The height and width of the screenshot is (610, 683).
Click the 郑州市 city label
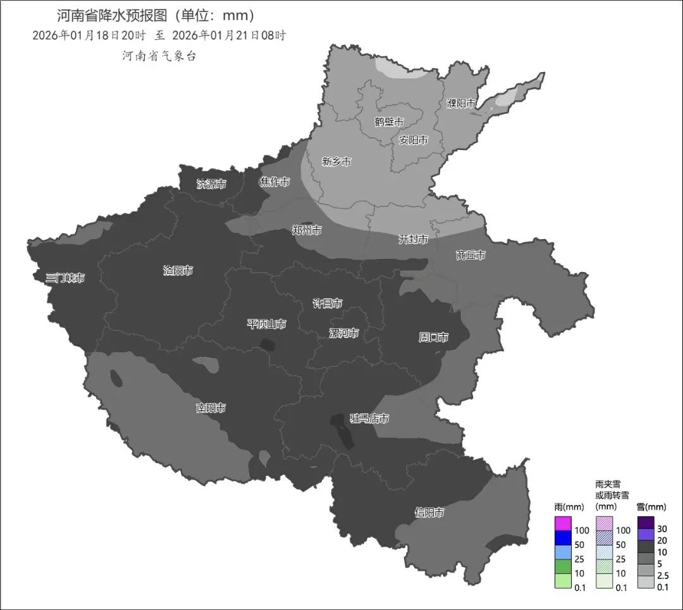point(307,230)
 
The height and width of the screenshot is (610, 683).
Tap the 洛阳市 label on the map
point(178,271)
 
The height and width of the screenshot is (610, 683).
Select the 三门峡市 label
point(65,278)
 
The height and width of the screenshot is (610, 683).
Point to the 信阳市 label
point(429,513)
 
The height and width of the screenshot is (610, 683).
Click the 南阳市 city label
point(211,408)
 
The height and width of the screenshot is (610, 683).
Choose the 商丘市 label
point(471,255)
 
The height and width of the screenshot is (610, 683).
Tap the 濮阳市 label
point(461,103)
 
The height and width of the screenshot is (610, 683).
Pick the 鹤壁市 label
point(389,121)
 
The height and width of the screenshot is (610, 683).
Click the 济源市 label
point(211,184)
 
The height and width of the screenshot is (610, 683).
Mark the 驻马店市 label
point(369,419)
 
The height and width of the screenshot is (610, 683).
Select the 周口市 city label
point(433,338)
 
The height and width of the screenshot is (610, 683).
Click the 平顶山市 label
point(266,325)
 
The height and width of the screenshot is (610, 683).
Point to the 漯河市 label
point(344,333)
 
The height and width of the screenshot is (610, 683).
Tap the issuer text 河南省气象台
point(159,56)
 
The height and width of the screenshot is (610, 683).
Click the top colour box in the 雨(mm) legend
point(563,524)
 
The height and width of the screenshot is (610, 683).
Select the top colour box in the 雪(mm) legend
point(646,523)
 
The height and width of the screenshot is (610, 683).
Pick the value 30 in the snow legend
point(662,529)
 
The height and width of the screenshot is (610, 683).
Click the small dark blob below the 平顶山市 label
point(268,345)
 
